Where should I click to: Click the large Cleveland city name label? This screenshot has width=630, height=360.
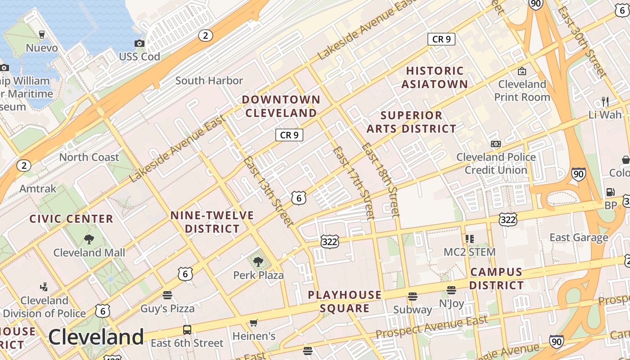pyautogui.click(x=96, y=337)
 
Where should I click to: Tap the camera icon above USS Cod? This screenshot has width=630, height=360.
pyautogui.click(x=139, y=43)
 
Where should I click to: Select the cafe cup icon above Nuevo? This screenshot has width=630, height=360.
pyautogui.click(x=42, y=35)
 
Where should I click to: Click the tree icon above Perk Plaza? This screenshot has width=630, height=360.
pyautogui.click(x=258, y=261)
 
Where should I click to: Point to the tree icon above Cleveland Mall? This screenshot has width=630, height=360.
pyautogui.click(x=89, y=239)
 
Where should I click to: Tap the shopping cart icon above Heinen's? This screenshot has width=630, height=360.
pyautogui.click(x=253, y=323)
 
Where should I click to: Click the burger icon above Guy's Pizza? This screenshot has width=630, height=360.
pyautogui.click(x=167, y=295)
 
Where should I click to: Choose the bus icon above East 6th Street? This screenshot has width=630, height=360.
pyautogui.click(x=187, y=329)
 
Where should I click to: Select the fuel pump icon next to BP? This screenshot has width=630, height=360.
pyautogui.click(x=610, y=192)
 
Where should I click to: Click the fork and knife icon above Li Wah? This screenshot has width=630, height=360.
pyautogui.click(x=605, y=101)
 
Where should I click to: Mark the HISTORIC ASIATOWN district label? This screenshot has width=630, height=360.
pyautogui.click(x=435, y=77)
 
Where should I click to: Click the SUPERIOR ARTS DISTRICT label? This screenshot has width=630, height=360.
pyautogui.click(x=411, y=122)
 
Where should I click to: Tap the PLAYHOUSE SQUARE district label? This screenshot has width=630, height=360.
pyautogui.click(x=345, y=301)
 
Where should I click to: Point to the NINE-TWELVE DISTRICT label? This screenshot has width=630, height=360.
pyautogui.click(x=212, y=222)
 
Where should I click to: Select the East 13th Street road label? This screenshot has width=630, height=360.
pyautogui.click(x=268, y=192)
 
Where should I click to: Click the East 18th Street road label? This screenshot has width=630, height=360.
pyautogui.click(x=381, y=180)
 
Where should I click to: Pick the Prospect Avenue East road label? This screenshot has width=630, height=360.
pyautogui.click(x=432, y=328)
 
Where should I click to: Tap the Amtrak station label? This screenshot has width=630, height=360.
pyautogui.click(x=38, y=189)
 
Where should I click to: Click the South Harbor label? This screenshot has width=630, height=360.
pyautogui.click(x=209, y=81)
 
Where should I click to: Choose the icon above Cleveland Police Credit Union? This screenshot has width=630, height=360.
pyautogui.click(x=496, y=144)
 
